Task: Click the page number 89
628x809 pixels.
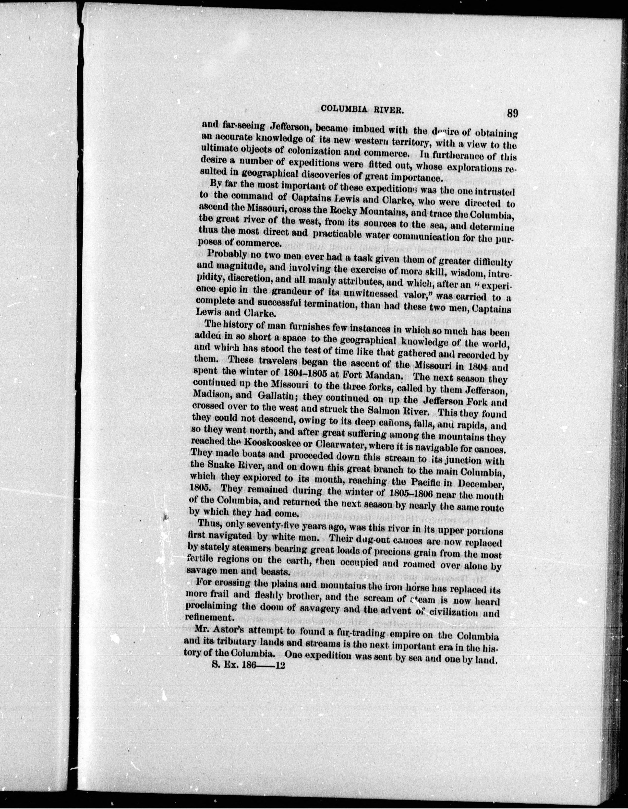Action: [512, 112]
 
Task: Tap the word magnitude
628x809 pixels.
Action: [241, 266]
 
